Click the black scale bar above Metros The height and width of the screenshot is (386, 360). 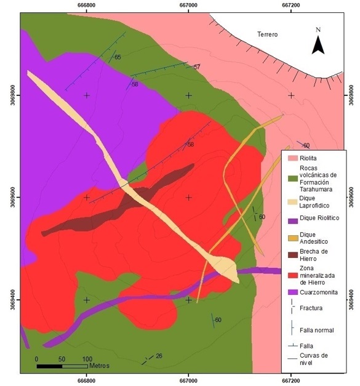pos(62,366)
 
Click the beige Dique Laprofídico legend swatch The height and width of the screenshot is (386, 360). pos(294,201)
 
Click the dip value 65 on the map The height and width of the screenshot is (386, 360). pos(118,57)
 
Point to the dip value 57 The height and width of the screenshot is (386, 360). pos(197,66)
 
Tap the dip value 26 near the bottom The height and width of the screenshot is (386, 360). pos(159,356)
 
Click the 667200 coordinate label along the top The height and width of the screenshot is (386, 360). pos(290,5)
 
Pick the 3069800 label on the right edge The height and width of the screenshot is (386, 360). pos(352,95)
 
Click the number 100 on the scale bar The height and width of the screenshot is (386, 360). pos(87,359)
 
